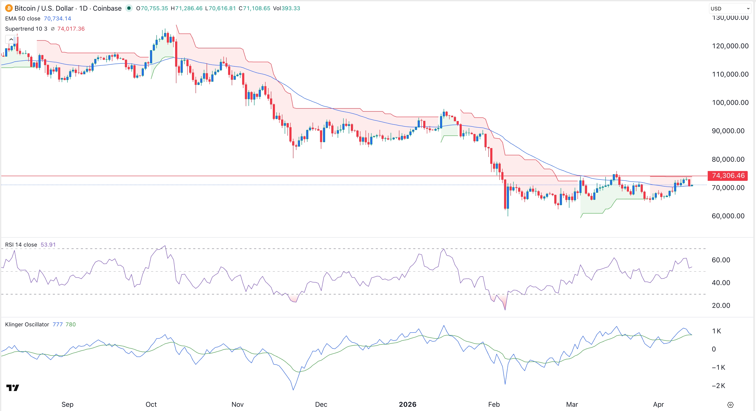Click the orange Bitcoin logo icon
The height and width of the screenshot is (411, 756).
pyautogui.click(x=9, y=8)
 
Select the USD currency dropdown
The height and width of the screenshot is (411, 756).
pyautogui.click(x=730, y=9)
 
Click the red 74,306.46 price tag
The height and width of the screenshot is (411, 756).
pyautogui.click(x=728, y=176)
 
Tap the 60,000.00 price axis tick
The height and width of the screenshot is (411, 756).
pyautogui.click(x=728, y=216)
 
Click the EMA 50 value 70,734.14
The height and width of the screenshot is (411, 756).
pyautogui.click(x=57, y=19)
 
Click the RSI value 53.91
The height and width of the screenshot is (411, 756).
pyautogui.click(x=48, y=245)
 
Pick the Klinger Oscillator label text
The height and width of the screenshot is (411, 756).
pyautogui.click(x=27, y=324)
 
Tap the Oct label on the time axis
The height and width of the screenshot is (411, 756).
pyautogui.click(x=151, y=405)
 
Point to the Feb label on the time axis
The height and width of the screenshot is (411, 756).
pyautogui.click(x=494, y=405)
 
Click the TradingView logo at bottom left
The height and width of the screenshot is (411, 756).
pyautogui.click(x=13, y=388)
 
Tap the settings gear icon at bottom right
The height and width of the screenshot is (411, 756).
pyautogui.click(x=730, y=405)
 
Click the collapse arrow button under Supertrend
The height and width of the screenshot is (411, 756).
pyautogui.click(x=11, y=39)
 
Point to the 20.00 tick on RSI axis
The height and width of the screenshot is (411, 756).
pyautogui.click(x=721, y=306)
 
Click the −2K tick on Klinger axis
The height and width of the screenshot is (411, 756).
pyautogui.click(x=718, y=386)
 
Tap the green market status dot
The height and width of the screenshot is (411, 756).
pyautogui.click(x=129, y=8)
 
